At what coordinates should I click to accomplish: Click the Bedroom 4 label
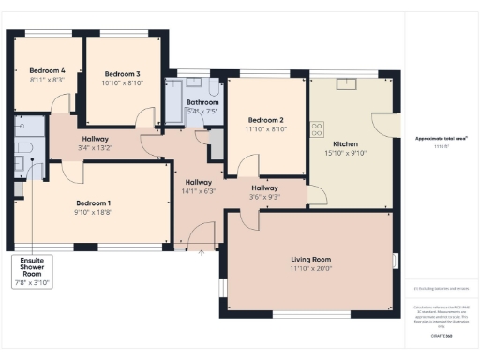(x=47, y=71)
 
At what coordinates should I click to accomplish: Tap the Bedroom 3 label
(x=122, y=74)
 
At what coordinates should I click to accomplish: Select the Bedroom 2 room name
(x=265, y=120)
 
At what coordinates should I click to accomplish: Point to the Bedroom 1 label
(x=94, y=203)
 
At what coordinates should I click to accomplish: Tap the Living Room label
(x=310, y=259)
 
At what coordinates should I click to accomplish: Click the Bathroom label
(x=202, y=102)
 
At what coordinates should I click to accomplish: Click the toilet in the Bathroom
(x=214, y=90)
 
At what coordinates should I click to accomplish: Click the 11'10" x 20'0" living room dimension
(x=310, y=269)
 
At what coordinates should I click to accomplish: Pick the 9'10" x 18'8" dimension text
(x=94, y=213)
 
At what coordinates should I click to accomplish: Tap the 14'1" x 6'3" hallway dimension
(x=199, y=191)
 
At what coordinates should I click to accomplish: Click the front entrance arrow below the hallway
(x=200, y=251)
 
